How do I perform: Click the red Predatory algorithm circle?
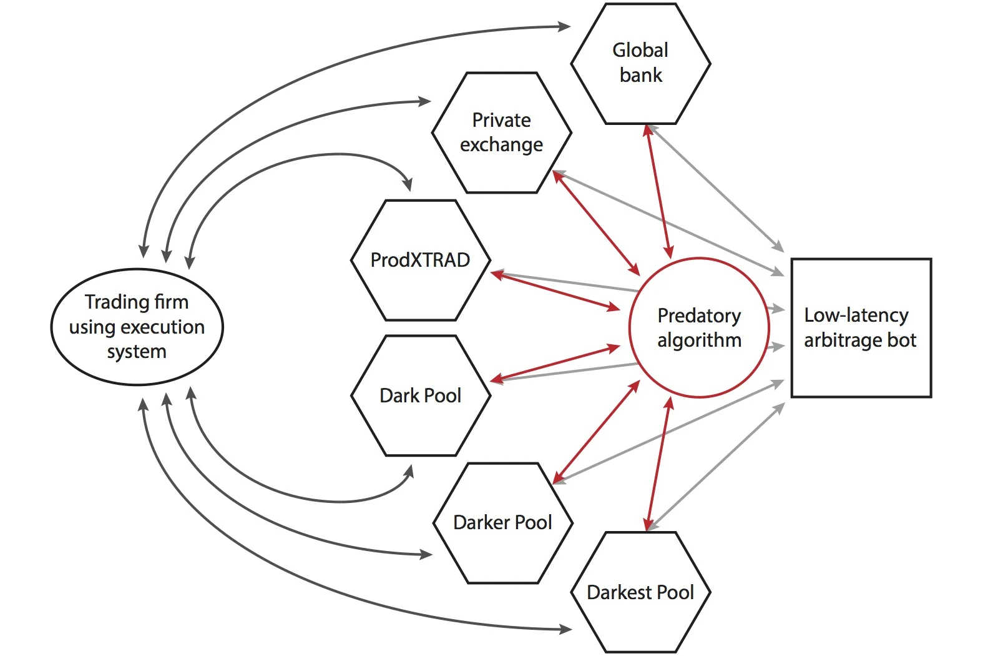(699, 369)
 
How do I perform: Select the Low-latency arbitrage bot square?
(861, 369)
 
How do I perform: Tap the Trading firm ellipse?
(137, 369)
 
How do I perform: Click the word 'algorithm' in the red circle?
(699, 340)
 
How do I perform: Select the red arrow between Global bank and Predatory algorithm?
(658, 191)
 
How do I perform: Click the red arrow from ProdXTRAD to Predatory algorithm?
(555, 291)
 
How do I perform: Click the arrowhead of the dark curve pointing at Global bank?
(564, 26)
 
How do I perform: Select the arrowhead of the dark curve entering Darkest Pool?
(565, 630)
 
